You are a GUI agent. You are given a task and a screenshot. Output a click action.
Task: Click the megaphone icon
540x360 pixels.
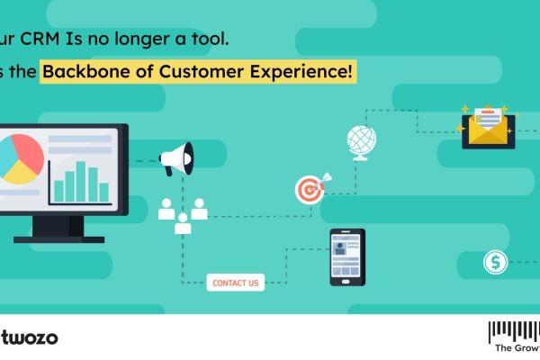176,161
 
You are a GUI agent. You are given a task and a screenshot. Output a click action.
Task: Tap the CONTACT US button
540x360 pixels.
235,283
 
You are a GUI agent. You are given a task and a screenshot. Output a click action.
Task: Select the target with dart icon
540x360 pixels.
308,188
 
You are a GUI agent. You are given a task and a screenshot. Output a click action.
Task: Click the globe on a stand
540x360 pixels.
361,143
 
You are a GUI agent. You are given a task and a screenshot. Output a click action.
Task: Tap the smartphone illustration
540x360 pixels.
346,256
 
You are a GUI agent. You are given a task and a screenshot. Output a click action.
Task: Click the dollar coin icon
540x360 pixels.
495,263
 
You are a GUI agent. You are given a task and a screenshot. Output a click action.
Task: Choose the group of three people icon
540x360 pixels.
183,215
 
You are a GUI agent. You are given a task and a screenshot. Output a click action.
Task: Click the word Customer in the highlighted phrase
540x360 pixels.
208,71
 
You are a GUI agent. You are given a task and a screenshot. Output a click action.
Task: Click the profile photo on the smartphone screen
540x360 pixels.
341,246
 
